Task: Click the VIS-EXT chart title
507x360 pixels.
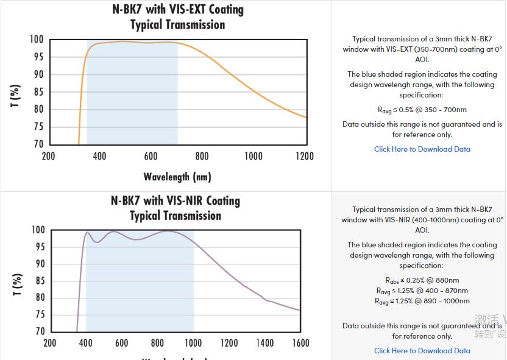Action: click(177, 17)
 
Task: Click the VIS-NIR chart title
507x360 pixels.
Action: click(175, 208)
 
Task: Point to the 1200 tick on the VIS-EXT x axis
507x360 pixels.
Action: click(305, 157)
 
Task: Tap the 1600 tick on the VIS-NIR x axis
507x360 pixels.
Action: click(300, 343)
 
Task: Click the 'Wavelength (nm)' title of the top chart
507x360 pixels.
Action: click(177, 177)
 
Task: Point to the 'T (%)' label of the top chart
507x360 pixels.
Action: click(16, 95)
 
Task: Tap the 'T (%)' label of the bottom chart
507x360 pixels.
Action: click(16, 284)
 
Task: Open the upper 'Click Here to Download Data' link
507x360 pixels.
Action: click(422, 149)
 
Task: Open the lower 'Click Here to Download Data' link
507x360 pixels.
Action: click(422, 351)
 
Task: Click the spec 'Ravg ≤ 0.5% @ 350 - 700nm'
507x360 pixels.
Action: click(422, 110)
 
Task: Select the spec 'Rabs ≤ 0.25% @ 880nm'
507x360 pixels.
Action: click(422, 281)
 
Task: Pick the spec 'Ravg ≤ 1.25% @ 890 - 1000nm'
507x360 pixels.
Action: click(422, 301)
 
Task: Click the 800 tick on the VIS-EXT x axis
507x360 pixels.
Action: click(202, 157)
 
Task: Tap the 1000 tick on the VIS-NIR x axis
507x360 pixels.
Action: click(193, 343)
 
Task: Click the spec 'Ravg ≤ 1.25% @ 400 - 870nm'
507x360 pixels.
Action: click(422, 291)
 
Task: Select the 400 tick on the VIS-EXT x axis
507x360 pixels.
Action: click(100, 157)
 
